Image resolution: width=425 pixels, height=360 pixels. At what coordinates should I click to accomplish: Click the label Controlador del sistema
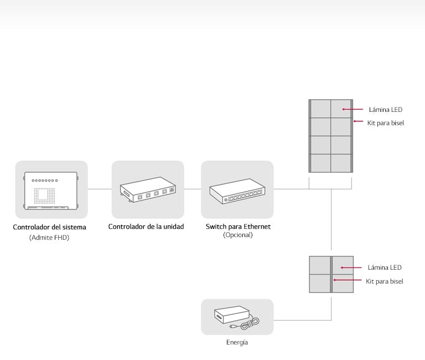coord(50,227)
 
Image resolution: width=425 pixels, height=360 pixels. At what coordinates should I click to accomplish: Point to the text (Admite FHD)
coord(50,238)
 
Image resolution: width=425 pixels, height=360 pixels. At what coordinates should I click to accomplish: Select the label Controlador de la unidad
coord(146,227)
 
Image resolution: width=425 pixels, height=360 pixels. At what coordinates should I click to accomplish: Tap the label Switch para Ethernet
coord(238,227)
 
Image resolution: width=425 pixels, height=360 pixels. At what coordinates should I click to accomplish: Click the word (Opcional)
coord(237,235)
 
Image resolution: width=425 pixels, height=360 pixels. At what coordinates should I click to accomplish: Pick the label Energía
coord(237,343)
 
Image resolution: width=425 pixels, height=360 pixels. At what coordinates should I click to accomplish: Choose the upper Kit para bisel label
coord(386,123)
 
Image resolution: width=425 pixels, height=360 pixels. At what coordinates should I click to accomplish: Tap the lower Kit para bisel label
coord(385,281)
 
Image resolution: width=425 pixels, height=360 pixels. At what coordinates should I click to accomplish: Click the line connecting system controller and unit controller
coord(100,189)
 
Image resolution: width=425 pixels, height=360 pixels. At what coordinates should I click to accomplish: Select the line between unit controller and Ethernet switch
coord(193,189)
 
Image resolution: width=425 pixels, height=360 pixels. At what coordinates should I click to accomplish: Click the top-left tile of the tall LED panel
coord(320,109)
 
